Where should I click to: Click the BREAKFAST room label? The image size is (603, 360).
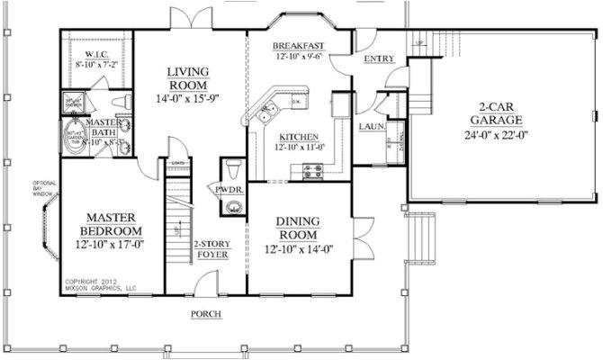300,45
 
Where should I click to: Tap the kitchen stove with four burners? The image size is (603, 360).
313,168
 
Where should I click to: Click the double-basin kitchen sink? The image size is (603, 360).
266,113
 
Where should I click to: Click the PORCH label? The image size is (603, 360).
206,313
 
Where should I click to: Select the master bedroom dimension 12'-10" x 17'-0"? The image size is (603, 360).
110,241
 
